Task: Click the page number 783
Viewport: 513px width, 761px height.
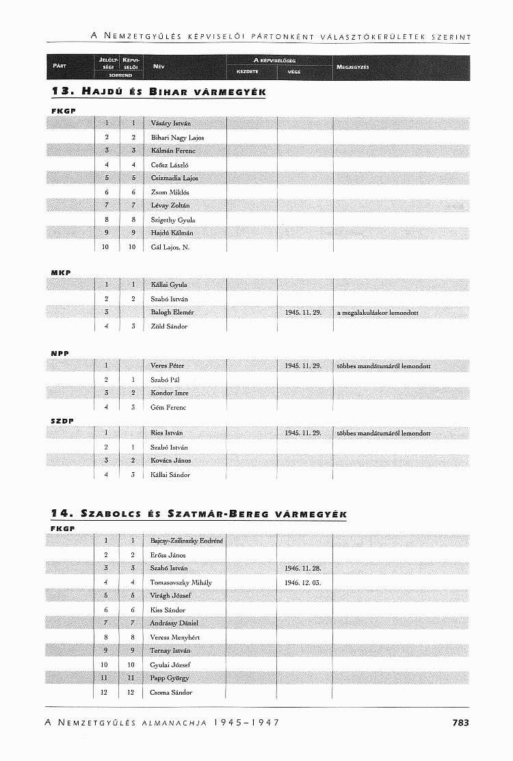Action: tap(460, 722)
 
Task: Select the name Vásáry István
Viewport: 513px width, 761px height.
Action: tap(170, 123)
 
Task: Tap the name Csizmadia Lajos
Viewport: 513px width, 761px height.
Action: tap(174, 178)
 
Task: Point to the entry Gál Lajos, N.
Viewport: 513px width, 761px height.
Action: tap(170, 247)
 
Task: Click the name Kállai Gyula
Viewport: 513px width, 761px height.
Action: tap(169, 285)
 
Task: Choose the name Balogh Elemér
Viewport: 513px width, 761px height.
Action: tap(172, 312)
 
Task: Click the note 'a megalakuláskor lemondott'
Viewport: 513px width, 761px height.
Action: tap(377, 313)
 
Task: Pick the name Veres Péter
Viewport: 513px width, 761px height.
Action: tap(168, 365)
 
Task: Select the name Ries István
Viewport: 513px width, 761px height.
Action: tap(167, 433)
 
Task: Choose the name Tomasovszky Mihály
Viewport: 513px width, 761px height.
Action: tap(181, 582)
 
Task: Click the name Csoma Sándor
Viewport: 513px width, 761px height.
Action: tap(171, 692)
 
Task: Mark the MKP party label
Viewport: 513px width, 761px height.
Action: tap(62, 272)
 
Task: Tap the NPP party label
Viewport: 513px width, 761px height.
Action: tap(61, 353)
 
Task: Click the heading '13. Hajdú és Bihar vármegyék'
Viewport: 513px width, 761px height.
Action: tap(158, 92)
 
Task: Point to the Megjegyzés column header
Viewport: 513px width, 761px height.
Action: tap(353, 66)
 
